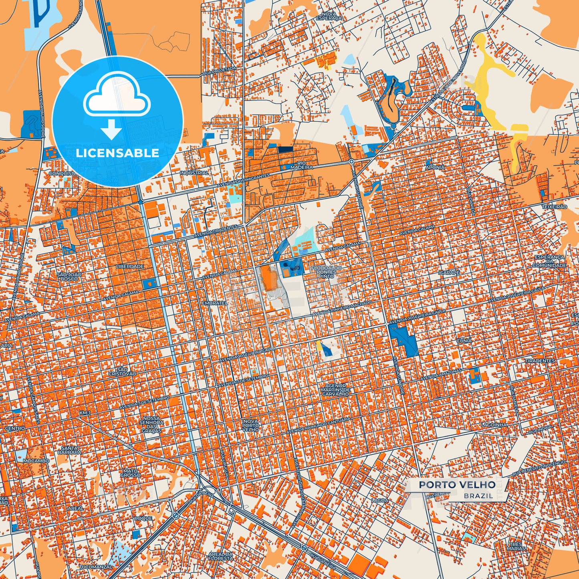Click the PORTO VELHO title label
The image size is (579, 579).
pos(457,484)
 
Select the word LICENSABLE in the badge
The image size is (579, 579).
pos(117,153)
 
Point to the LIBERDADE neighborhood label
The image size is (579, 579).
pos(129,266)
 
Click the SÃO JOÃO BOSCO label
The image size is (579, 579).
pos(69,276)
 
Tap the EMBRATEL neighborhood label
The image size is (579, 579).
pos(214,303)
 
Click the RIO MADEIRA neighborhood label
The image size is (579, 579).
pos(302,165)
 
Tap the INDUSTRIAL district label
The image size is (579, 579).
pos(194,173)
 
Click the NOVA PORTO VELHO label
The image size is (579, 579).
pos(251,425)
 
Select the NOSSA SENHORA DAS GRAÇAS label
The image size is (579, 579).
pos(151,424)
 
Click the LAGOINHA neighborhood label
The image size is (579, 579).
pos(494,425)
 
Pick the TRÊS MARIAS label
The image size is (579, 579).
pos(516,546)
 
